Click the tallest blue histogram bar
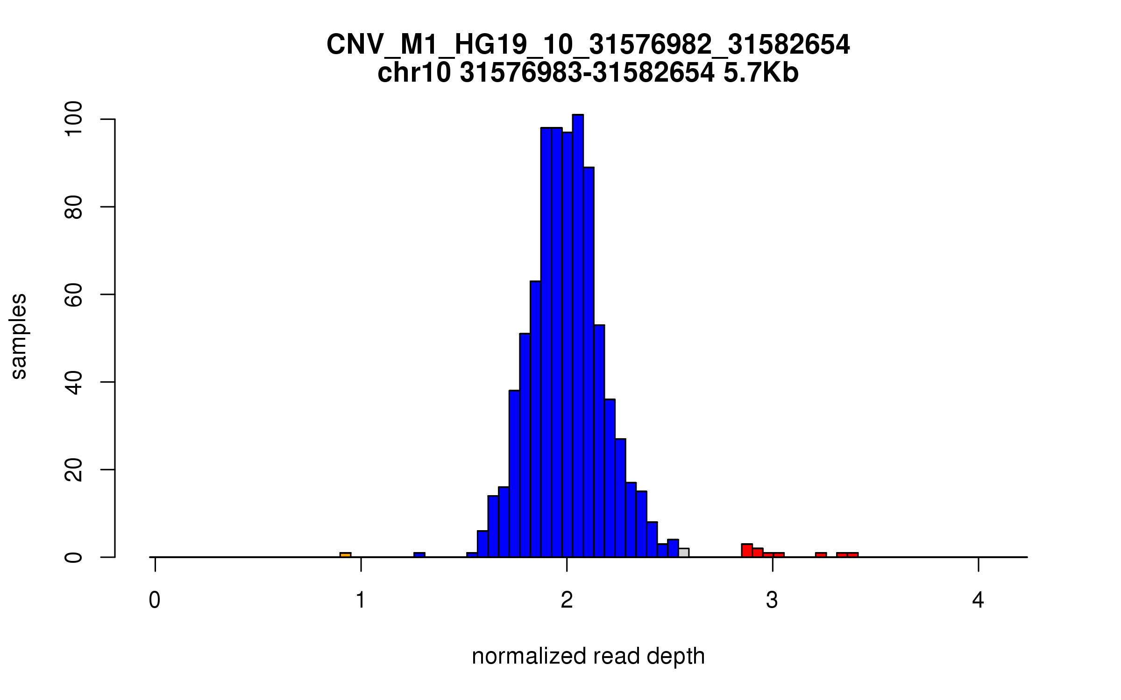(x=578, y=336)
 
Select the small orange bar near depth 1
(x=345, y=555)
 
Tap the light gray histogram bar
(x=683, y=553)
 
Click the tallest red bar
(x=747, y=551)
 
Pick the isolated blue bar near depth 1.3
(x=419, y=555)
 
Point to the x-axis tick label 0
(x=155, y=600)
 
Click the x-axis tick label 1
(x=361, y=600)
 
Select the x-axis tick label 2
(x=567, y=600)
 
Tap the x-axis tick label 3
(x=772, y=600)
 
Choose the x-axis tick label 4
(x=978, y=600)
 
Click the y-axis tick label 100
(x=74, y=119)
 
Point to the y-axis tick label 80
(x=74, y=207)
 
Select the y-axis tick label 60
(x=74, y=294)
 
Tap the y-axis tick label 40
(x=74, y=382)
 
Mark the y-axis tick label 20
(x=74, y=469)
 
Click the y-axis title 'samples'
(x=19, y=336)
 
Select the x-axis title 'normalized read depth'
(x=588, y=657)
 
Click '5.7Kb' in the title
(x=761, y=73)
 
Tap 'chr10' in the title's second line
(x=414, y=73)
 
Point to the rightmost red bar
(x=853, y=555)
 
